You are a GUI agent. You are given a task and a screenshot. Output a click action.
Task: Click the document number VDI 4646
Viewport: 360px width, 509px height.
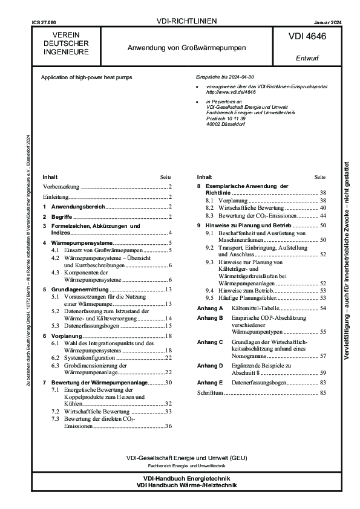click(308, 37)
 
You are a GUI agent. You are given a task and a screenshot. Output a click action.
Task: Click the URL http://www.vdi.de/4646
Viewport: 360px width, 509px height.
click(223, 93)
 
